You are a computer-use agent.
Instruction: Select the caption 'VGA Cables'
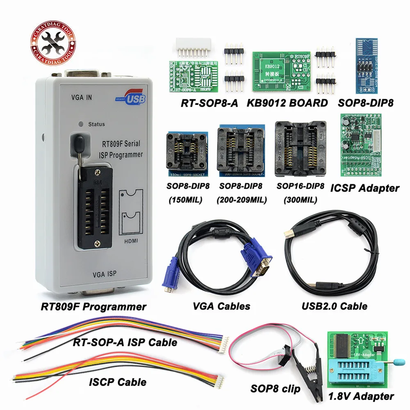(x=221, y=305)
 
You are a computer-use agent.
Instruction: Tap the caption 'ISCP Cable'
(x=118, y=382)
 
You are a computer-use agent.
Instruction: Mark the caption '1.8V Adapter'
(x=360, y=396)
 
